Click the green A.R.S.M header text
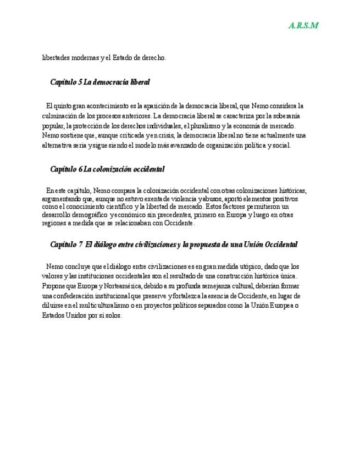pos(303,26)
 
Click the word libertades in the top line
pos(56,58)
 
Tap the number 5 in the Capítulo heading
pos(80,82)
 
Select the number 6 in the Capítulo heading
pos(80,169)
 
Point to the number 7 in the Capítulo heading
pos(81,243)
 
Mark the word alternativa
pos(58,146)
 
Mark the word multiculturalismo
pos(106,306)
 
